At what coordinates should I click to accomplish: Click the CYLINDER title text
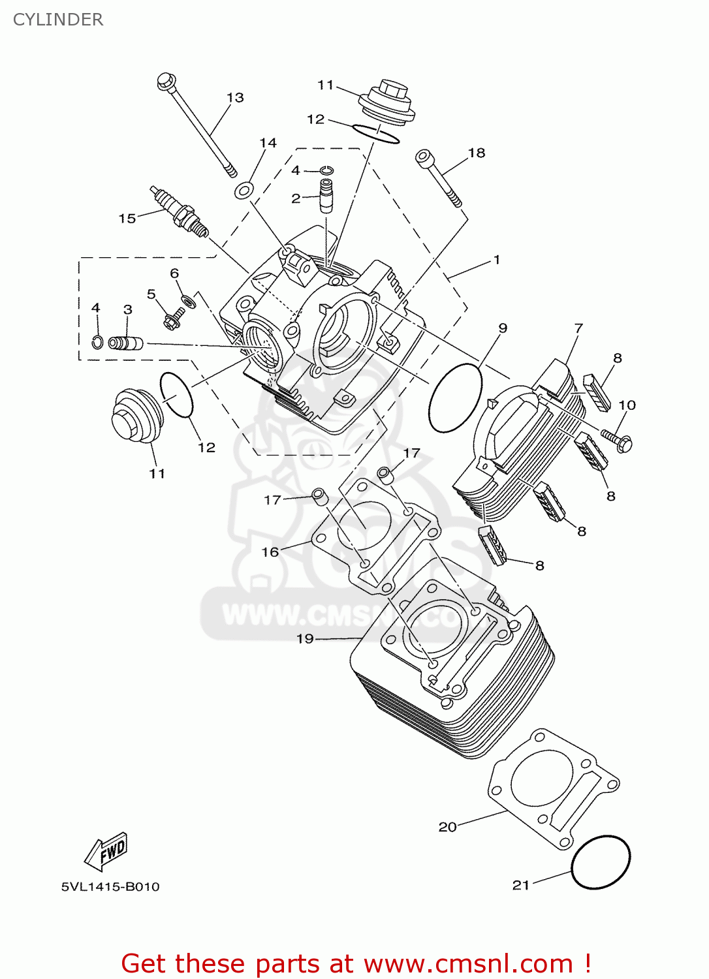click(58, 20)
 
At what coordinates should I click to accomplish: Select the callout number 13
click(235, 98)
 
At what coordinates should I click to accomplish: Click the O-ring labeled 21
click(601, 862)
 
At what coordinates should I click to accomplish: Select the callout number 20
click(447, 827)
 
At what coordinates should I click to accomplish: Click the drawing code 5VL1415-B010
click(110, 886)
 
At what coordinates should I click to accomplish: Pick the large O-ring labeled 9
click(455, 397)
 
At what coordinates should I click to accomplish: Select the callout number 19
click(305, 639)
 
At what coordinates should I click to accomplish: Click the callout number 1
click(497, 260)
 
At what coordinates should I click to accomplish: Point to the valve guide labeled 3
click(125, 343)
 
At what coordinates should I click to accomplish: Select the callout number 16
click(270, 552)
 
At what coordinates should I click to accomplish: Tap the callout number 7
click(578, 328)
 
